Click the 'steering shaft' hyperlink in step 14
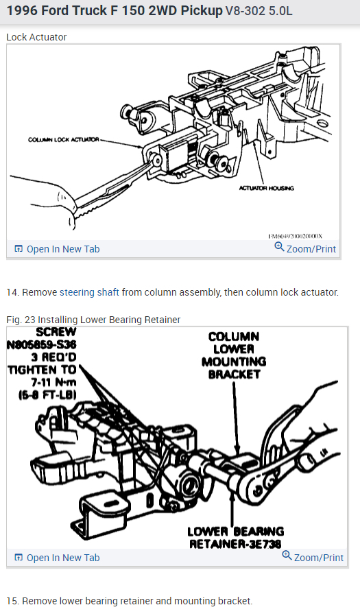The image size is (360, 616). [89, 292]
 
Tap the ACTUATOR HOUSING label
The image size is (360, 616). [267, 188]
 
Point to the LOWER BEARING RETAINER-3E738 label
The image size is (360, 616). [235, 538]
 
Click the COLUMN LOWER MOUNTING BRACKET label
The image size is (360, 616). [234, 355]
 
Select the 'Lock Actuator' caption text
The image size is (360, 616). [36, 36]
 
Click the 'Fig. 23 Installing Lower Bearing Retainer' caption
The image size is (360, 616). [93, 320]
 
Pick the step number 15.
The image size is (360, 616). [12, 601]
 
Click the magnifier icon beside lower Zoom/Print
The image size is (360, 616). [287, 556]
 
